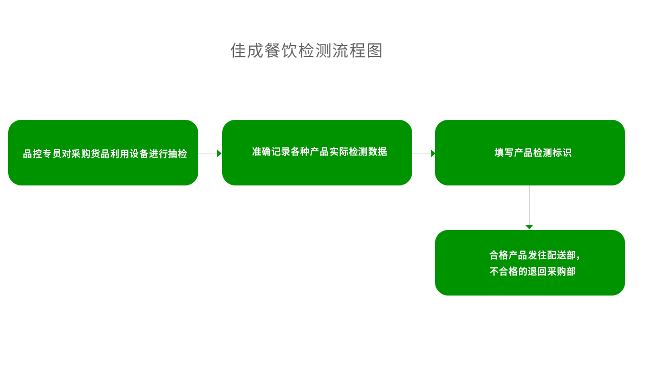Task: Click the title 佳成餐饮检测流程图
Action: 307,50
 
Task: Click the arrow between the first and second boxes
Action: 210,153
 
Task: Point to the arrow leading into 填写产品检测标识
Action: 424,153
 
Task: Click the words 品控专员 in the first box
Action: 42,154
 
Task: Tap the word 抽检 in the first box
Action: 178,154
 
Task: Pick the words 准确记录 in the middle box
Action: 271,152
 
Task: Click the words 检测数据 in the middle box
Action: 368,152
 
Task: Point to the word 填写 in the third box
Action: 504,153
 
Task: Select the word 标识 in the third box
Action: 562,153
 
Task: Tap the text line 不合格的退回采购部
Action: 532,272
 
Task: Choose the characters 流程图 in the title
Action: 357,50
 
